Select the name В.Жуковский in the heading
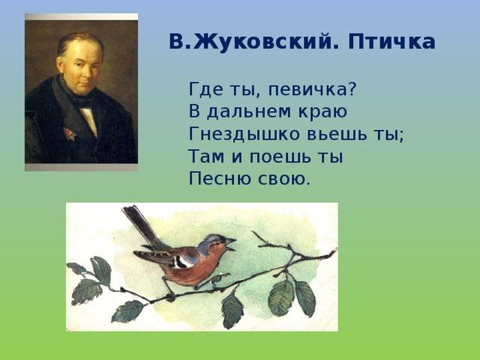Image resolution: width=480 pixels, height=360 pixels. point(251,41)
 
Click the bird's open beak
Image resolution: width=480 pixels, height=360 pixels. point(232,244)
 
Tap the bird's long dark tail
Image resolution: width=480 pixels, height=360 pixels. point(140,225)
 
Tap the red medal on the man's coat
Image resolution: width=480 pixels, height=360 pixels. point(70,133)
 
